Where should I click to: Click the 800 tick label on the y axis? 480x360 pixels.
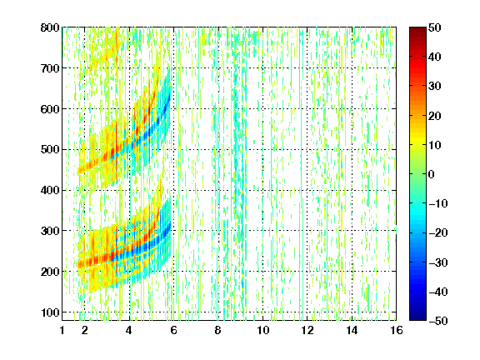coord(50,27)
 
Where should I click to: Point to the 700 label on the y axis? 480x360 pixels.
coord(50,68)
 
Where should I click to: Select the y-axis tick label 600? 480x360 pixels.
coord(50,109)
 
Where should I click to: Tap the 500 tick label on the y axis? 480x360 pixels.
coord(50,150)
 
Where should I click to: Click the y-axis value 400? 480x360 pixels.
coord(50,190)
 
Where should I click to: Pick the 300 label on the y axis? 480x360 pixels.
coord(50,231)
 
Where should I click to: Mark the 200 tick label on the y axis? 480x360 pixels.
coord(50,272)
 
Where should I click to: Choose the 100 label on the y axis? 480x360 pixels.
coord(50,312)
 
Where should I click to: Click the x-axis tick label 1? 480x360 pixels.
coord(62,330)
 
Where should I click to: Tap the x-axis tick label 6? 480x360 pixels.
coord(173,330)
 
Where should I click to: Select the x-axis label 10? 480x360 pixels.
coord(262,330)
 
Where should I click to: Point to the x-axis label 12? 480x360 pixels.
coord(307,330)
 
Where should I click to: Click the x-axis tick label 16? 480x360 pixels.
coord(397,330)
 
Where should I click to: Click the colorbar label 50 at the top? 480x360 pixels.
coord(434,27)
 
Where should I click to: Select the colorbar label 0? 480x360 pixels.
coord(432,174)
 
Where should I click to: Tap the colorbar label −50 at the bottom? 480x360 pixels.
coord(437,321)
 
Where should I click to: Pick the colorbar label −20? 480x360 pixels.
coord(437,232)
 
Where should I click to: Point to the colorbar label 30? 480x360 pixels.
coord(434,87)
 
